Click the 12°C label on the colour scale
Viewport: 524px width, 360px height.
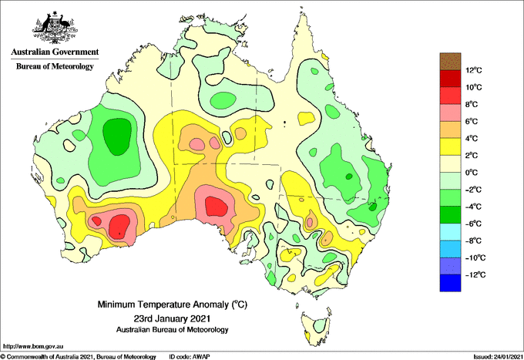[x=474, y=70]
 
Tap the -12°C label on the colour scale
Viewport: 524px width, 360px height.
[x=475, y=274]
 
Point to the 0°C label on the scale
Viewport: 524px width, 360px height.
[x=471, y=173]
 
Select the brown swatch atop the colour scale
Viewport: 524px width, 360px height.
[x=450, y=62]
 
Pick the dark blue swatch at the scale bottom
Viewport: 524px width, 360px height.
[x=450, y=283]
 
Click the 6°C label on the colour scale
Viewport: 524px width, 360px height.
[x=471, y=121]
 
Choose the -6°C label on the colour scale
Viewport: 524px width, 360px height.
[x=473, y=224]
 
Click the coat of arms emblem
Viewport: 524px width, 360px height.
[x=55, y=28]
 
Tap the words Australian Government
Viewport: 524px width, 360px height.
[x=55, y=52]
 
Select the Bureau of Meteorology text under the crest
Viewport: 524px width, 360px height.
[x=55, y=66]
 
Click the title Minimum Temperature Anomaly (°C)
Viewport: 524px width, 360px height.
[x=172, y=304]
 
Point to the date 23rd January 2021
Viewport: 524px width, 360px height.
[x=172, y=318]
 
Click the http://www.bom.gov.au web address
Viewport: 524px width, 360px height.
[x=32, y=347]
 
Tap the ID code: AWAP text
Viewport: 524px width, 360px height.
[x=190, y=357]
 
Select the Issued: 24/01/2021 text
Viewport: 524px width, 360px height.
[x=498, y=357]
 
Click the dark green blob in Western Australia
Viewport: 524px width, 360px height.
[x=116, y=136]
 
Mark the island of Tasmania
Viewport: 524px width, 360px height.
[x=316, y=328]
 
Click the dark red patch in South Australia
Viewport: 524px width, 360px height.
[x=217, y=207]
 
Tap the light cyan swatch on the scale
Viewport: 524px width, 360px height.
[x=450, y=232]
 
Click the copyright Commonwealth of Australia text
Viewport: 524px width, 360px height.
[x=79, y=357]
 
